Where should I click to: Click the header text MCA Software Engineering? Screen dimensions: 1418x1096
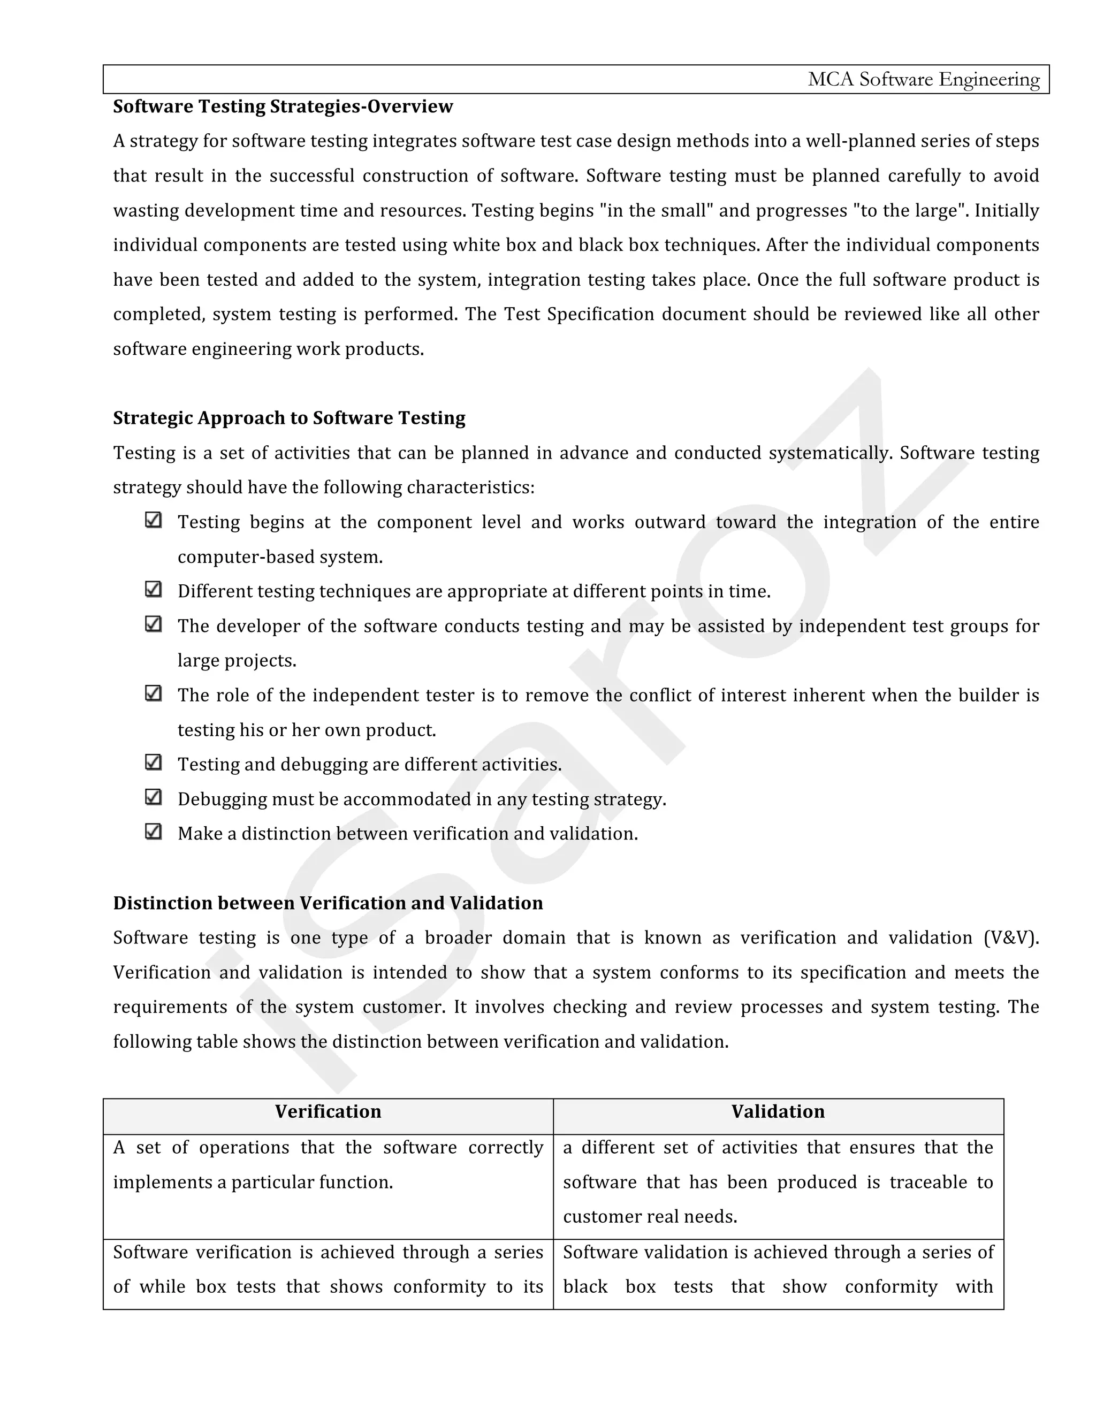click(x=923, y=79)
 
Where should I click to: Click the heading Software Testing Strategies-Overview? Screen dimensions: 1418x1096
click(x=283, y=106)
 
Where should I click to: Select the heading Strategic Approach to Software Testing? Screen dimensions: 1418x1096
click(x=289, y=418)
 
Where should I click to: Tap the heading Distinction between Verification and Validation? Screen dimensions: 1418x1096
click(x=328, y=903)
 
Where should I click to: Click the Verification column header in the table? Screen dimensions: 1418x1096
click(x=328, y=1111)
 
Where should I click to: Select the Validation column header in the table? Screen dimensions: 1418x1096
click(x=778, y=1111)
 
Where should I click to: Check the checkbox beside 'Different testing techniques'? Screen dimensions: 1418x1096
click(x=153, y=590)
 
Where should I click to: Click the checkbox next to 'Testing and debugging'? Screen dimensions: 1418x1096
click(x=153, y=762)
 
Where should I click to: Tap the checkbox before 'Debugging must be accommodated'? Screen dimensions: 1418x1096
click(x=153, y=797)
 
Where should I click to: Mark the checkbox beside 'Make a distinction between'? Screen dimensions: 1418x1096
click(x=153, y=832)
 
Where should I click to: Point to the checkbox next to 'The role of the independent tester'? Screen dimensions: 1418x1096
click(x=153, y=693)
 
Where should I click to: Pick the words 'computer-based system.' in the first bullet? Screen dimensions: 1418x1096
click(x=280, y=557)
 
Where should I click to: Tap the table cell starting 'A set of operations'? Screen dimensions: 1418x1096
click(x=328, y=1165)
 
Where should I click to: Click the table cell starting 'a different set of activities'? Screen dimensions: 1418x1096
click(x=778, y=1183)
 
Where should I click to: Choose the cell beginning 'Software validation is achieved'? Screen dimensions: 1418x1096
click(x=778, y=1269)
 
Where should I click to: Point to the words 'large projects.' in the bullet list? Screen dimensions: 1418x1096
click(x=237, y=661)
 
